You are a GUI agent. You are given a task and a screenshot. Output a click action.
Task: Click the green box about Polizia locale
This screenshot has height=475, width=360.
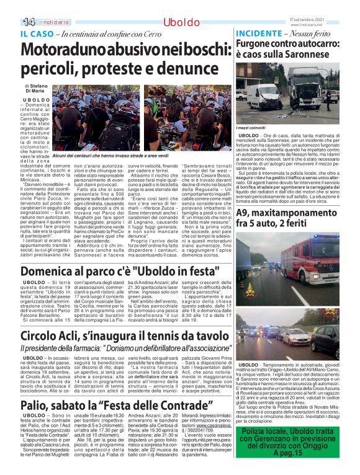pyautogui.click(x=289, y=443)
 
